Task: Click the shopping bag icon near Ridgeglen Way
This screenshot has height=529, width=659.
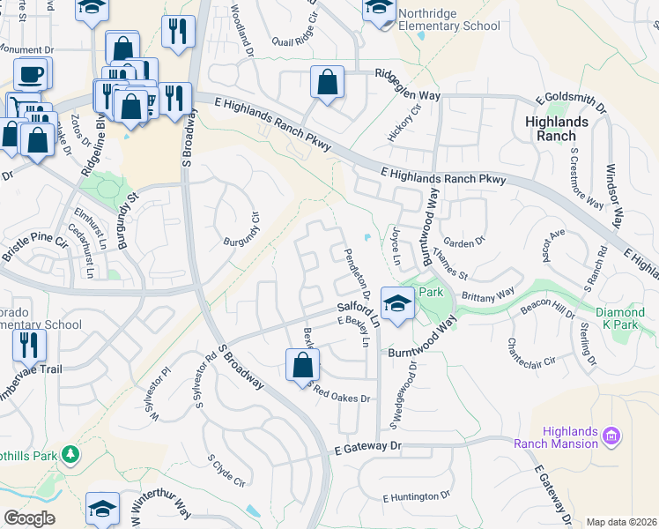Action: click(328, 83)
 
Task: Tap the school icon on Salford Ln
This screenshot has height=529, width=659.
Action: click(398, 302)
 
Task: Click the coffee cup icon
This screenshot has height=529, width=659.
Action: click(32, 73)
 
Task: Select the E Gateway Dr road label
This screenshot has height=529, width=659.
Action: click(367, 448)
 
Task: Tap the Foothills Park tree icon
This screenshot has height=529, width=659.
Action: click(70, 455)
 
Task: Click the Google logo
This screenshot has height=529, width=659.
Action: click(30, 518)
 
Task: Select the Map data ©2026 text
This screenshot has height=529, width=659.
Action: click(621, 522)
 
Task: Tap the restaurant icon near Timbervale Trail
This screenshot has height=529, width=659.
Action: click(31, 345)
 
